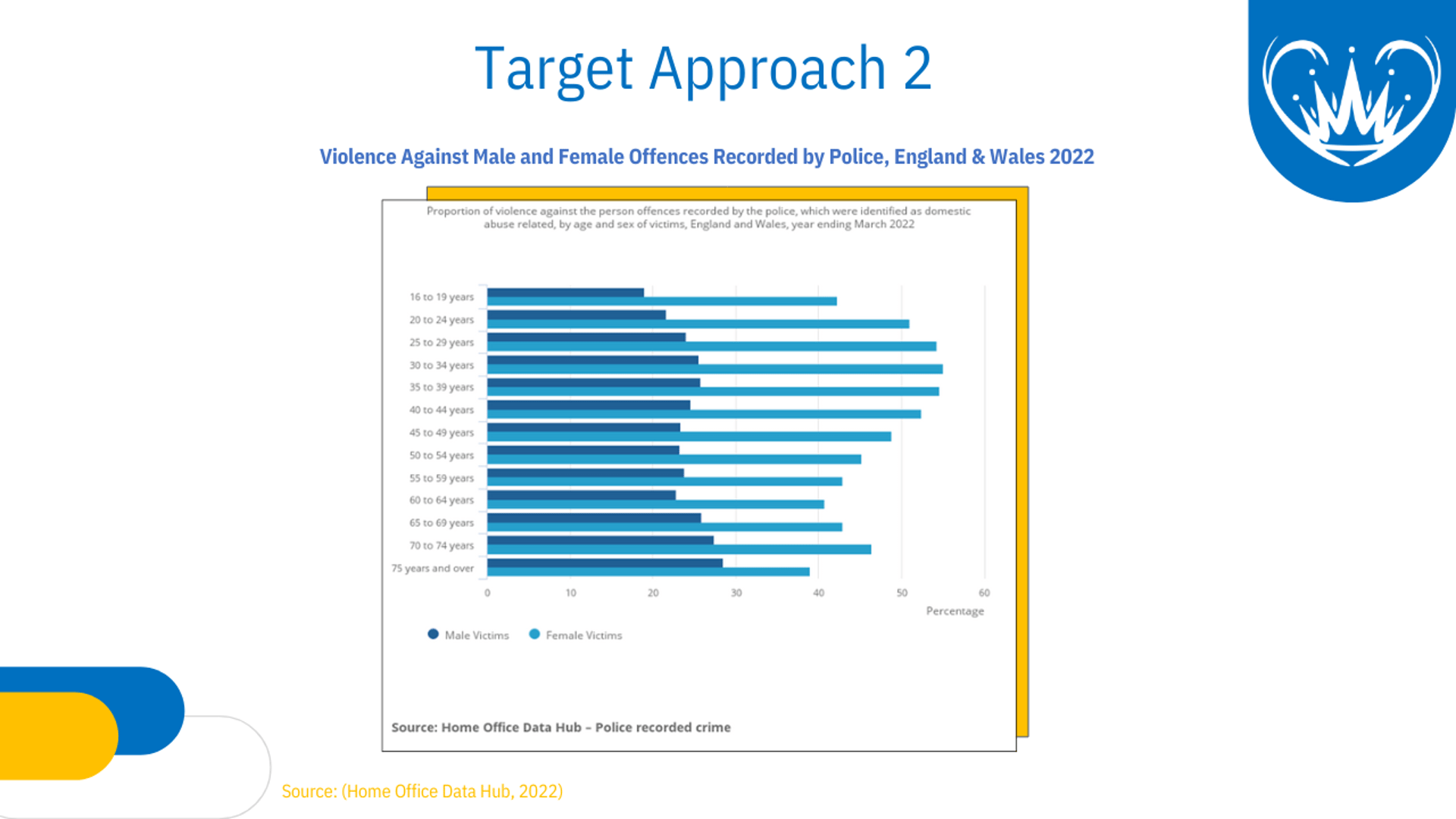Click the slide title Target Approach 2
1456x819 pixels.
click(703, 68)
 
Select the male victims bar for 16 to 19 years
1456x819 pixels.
click(566, 293)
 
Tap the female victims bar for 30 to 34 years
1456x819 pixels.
click(715, 369)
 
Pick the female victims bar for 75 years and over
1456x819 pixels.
click(648, 572)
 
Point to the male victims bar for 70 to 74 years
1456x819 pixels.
click(601, 541)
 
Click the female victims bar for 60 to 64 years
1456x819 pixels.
click(656, 504)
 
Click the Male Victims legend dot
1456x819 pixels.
click(433, 634)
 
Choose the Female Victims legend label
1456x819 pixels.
click(584, 635)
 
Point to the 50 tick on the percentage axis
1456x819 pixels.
click(902, 593)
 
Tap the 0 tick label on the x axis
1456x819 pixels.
click(488, 593)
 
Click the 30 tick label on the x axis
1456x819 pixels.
click(736, 593)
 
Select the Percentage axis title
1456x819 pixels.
click(955, 611)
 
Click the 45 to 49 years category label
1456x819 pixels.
click(441, 432)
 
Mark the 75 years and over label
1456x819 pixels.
click(432, 568)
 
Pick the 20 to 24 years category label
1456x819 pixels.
click(441, 319)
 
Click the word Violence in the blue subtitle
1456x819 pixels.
click(358, 156)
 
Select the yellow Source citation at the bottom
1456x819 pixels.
click(422, 791)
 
